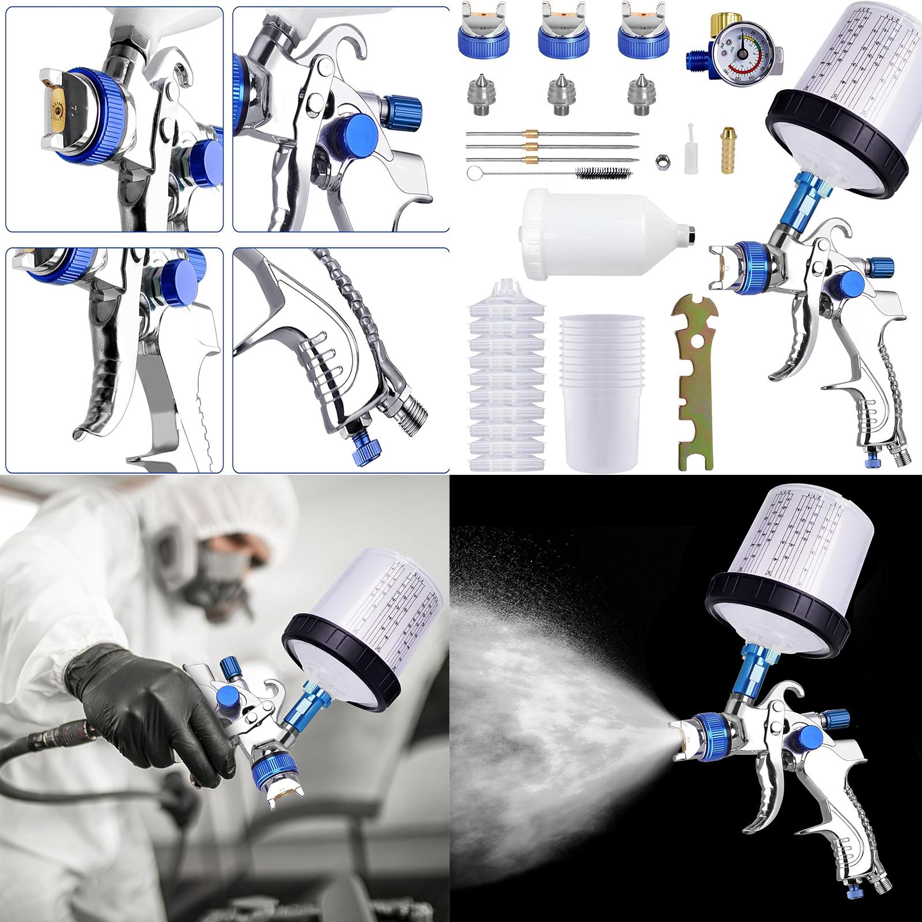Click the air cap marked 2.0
point(481,32)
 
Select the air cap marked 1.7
point(560,32)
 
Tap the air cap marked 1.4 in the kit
point(639,32)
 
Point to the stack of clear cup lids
point(498,375)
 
